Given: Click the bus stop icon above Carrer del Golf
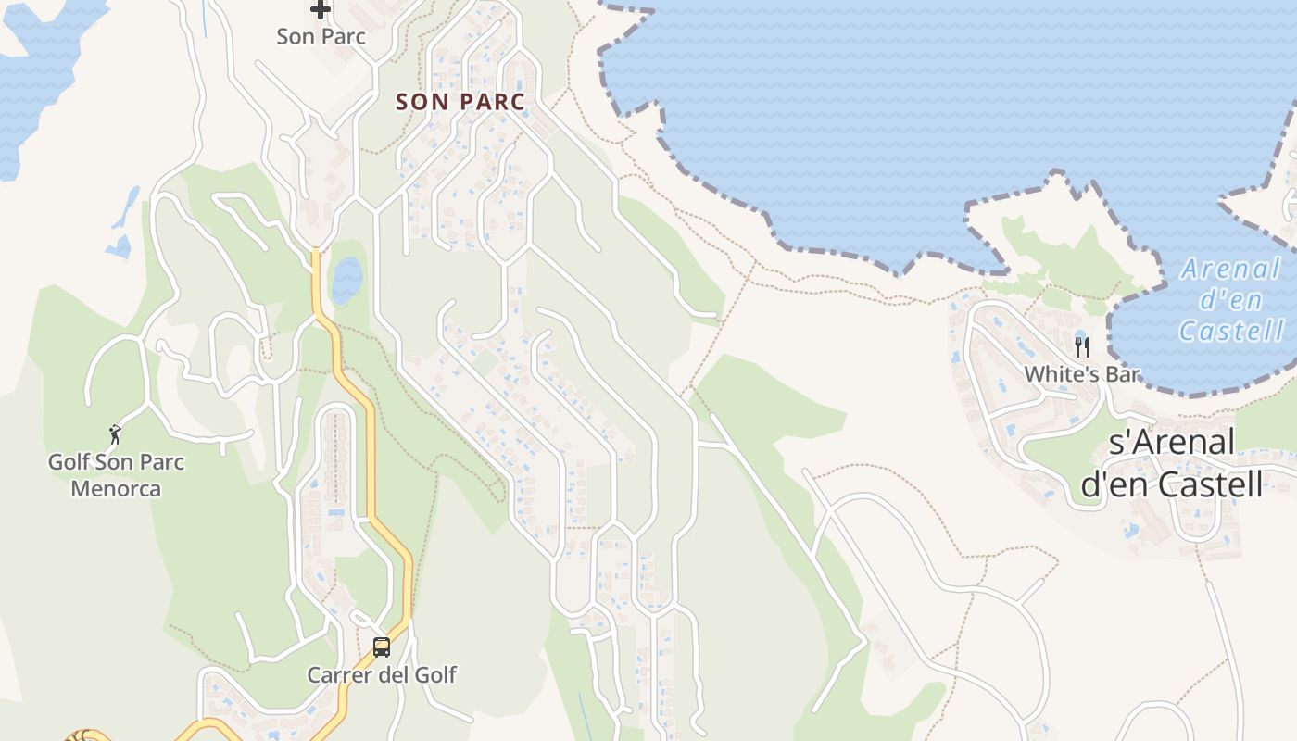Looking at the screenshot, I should [x=381, y=647].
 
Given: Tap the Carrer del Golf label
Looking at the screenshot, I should [x=381, y=674].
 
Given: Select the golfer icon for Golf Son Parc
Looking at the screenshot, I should [x=115, y=433].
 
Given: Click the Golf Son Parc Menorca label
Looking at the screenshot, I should [x=116, y=475].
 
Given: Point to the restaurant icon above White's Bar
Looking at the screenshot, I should [x=1081, y=347].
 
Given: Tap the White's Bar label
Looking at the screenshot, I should [x=1081, y=374].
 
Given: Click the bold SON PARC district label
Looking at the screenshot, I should [x=460, y=102].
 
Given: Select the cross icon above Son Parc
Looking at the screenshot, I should [x=321, y=10].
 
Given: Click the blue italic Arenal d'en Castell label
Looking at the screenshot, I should [x=1231, y=300].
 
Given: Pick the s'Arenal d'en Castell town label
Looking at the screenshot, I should [x=1172, y=463].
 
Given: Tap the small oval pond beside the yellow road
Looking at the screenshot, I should [x=346, y=280].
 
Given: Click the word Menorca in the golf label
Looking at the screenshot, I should [x=116, y=488].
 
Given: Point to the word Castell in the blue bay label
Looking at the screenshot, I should [x=1231, y=331].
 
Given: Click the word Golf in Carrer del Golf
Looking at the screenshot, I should [x=434, y=674].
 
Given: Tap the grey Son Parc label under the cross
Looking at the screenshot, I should [x=321, y=37].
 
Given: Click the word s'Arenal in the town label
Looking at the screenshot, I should [x=1172, y=443].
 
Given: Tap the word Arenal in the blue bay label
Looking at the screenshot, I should [x=1231, y=270].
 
